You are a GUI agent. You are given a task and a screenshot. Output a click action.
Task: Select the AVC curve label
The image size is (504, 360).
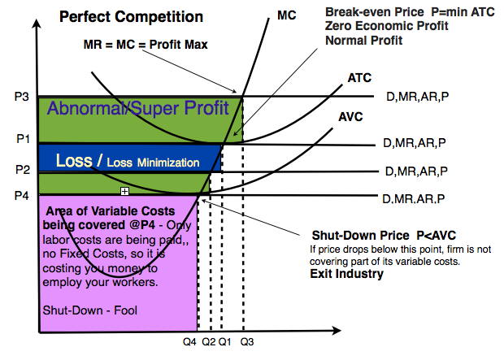pos(351,116)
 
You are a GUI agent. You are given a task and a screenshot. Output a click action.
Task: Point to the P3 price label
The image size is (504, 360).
pos(22,97)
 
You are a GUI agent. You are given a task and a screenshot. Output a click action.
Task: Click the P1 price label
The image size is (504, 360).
pos(23,138)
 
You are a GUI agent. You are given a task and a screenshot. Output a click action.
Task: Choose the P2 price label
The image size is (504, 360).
pos(22,169)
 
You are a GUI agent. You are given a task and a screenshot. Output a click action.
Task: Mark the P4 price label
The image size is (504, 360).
pos(22,195)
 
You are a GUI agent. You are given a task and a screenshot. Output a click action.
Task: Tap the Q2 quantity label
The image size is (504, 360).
pos(209,342)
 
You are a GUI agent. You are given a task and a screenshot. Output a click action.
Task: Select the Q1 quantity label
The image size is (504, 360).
pos(225,342)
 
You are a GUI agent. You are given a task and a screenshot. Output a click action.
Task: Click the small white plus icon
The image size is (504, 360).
pos(124,191)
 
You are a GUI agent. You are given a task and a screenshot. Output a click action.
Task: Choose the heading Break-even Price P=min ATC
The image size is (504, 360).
pos(398,12)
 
